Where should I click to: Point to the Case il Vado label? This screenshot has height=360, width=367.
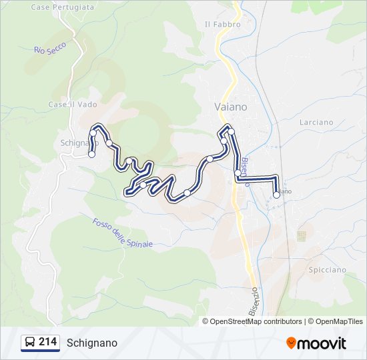click(x=68, y=105)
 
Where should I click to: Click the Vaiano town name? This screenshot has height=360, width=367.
click(x=231, y=107)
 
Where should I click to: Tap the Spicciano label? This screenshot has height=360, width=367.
click(x=328, y=270)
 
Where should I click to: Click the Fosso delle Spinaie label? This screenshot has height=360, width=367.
click(x=123, y=233)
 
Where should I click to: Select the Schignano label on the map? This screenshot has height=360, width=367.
click(x=75, y=143)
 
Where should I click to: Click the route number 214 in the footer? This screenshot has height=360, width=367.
click(x=47, y=342)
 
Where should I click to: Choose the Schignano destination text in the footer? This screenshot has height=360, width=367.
click(x=92, y=343)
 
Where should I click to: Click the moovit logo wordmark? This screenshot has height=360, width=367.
click(x=322, y=343)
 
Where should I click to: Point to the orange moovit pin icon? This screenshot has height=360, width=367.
click(x=291, y=343)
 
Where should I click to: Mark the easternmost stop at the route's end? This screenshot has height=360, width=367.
click(x=276, y=195)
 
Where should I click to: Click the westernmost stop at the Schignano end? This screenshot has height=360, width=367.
click(x=91, y=154)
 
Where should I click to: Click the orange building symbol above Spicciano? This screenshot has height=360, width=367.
click(x=302, y=236)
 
